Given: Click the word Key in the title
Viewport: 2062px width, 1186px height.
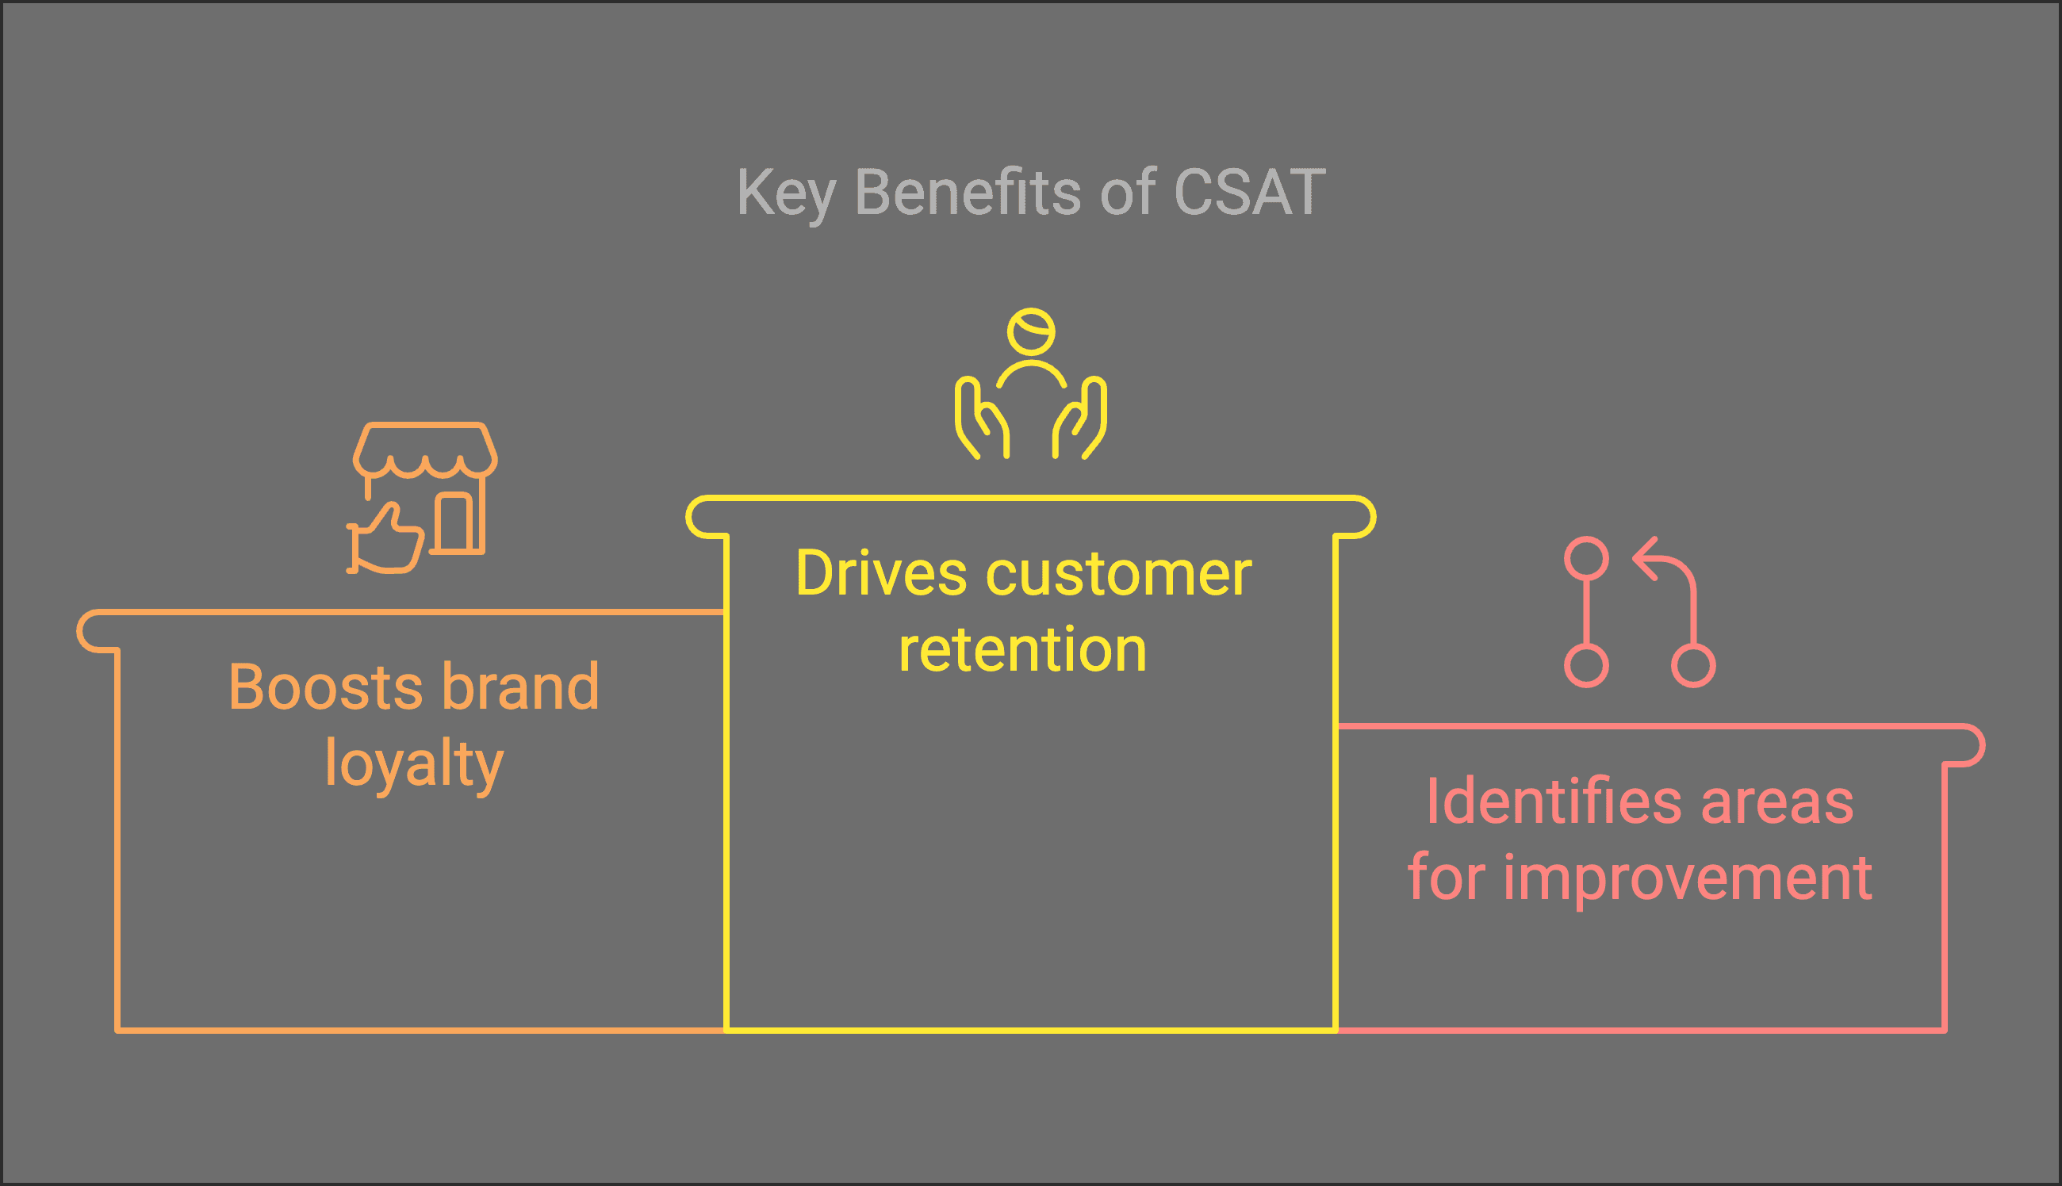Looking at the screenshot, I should (x=785, y=194).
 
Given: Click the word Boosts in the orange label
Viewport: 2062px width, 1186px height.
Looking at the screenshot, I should (x=324, y=687).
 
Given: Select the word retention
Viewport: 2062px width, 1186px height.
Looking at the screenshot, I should (x=1022, y=650).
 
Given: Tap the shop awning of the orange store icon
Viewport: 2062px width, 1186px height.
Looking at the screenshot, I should (x=424, y=448).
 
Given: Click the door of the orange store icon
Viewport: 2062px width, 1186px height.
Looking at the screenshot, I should (x=453, y=522).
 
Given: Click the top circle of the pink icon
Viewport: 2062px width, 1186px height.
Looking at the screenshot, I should (x=1586, y=558).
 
